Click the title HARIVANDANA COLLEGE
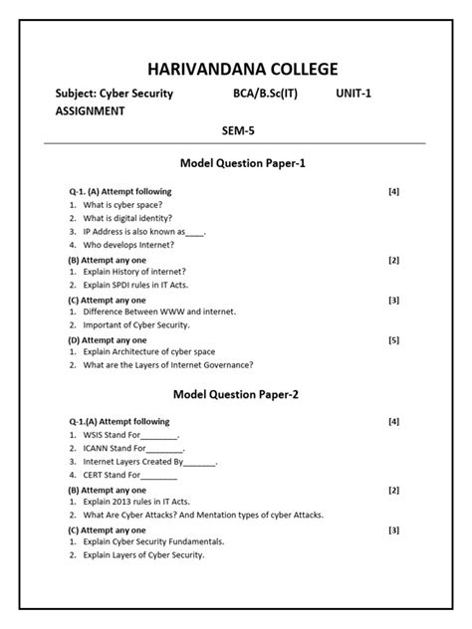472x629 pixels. tap(242, 68)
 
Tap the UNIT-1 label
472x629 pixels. tap(361, 94)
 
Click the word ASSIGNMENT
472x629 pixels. tap(90, 111)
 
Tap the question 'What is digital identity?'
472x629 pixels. tap(127, 218)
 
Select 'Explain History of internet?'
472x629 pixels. tap(134, 271)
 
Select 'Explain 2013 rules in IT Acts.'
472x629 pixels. tap(136, 502)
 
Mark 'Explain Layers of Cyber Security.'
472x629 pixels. tap(143, 554)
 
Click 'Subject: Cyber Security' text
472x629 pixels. tap(114, 94)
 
